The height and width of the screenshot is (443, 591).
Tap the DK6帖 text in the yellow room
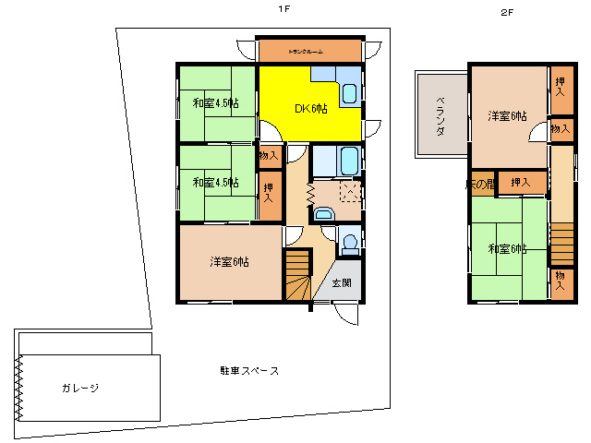(311, 109)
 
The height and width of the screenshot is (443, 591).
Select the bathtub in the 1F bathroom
(350, 163)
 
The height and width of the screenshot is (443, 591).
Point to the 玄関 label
(341, 282)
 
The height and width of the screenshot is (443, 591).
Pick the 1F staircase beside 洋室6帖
(297, 277)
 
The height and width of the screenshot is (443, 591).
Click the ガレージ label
(80, 388)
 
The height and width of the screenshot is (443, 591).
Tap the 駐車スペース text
(249, 371)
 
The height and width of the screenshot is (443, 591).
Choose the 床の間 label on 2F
(481, 184)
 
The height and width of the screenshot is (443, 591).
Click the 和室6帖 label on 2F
(507, 249)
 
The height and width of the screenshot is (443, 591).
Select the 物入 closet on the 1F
(269, 156)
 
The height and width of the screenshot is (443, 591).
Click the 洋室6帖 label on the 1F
(229, 261)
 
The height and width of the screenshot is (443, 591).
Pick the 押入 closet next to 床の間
(522, 183)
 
